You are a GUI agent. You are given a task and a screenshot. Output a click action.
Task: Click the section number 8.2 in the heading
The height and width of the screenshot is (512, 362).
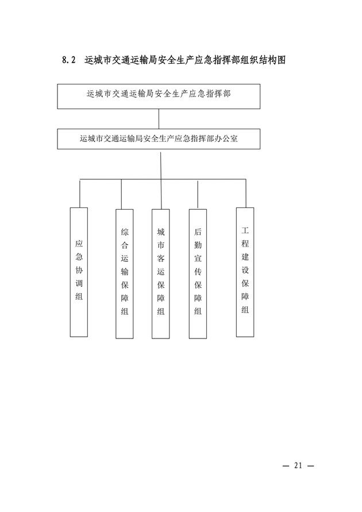pos(69,60)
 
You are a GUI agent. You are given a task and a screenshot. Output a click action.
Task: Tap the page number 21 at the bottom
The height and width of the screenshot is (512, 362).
pos(298,465)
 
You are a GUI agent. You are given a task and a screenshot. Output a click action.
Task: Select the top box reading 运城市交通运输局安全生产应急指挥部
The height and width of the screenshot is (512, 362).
pos(159,97)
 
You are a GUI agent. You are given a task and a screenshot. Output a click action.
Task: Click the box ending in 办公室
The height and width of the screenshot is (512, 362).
pos(159,139)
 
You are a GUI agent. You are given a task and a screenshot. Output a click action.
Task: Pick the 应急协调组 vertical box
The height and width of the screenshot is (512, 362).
pos(79,272)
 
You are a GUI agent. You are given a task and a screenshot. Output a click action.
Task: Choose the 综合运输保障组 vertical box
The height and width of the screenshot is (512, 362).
pos(124,274)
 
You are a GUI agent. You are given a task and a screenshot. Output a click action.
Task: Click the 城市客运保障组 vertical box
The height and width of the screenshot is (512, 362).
pos(160,274)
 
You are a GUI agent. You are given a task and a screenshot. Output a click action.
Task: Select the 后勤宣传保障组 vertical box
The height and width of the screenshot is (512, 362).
pos(198,274)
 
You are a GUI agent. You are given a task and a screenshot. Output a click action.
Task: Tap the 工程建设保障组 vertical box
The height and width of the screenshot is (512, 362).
pos(245,272)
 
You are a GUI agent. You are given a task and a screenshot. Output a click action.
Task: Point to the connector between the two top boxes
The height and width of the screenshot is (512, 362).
pos(159,119)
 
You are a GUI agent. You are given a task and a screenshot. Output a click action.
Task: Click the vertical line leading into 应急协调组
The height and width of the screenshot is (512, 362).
pos(80,193)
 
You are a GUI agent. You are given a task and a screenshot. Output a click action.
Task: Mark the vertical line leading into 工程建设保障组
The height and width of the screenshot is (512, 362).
pos(246,193)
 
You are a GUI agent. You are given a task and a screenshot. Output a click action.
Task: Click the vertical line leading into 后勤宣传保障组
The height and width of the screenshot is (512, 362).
pos(198,194)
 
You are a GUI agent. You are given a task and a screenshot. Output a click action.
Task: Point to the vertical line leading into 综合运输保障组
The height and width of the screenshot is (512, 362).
pos(121,194)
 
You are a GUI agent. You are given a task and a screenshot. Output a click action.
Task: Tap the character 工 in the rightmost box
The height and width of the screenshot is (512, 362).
pos(245,230)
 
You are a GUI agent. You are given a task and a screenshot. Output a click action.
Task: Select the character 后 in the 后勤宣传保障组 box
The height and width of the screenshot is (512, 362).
pos(198,232)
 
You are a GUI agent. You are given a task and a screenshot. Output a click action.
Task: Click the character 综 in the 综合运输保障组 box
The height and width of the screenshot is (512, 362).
pos(124,232)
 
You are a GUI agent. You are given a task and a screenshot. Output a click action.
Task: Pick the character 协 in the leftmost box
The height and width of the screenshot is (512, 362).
pos(79,270)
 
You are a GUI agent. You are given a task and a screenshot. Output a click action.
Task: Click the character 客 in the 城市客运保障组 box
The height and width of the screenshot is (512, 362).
pos(160,258)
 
